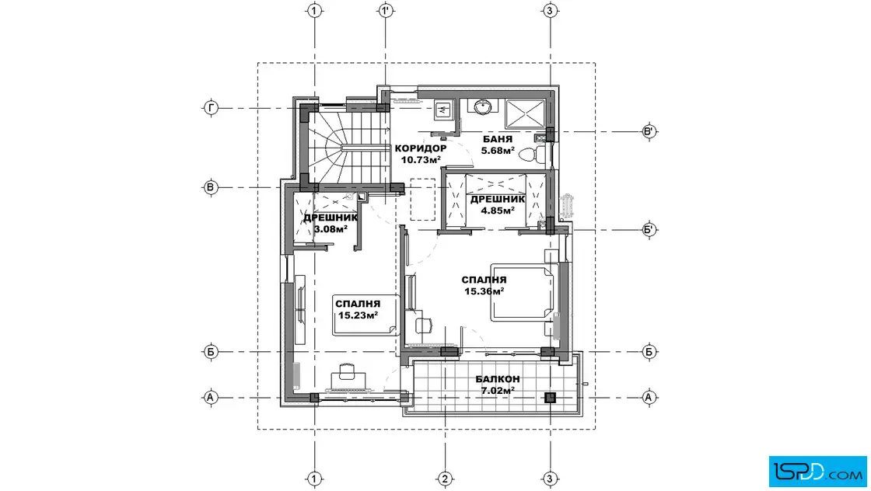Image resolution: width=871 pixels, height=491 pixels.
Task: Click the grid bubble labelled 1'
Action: pos(386,11)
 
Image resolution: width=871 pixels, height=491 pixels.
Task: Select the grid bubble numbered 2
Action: pos(444,479)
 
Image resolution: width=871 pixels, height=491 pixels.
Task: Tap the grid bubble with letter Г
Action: pos(211,108)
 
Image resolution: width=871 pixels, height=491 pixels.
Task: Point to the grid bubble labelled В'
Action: pos(649,131)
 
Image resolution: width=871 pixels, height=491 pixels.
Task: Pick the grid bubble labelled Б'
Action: pos(649,229)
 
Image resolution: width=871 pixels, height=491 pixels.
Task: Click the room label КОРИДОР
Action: pos(421,148)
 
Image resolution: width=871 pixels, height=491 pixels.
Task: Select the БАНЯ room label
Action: pos(497,139)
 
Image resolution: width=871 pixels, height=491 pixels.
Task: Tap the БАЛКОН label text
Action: pos(498,379)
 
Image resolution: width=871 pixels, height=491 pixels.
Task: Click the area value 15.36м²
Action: pos(484,291)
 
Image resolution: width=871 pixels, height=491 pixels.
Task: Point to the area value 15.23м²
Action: pos(358,315)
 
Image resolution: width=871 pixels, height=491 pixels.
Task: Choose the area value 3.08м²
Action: pos(331,228)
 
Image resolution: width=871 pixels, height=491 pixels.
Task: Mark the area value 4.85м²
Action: pos(498,211)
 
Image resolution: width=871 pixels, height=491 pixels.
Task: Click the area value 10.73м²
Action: pos(421,160)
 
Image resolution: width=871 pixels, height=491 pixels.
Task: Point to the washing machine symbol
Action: pos(444,111)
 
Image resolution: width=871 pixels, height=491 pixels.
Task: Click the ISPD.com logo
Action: pos(817,472)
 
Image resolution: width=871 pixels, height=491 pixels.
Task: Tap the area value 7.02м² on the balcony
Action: pos(498,390)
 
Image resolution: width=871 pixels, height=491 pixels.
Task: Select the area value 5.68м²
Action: pos(498,151)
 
